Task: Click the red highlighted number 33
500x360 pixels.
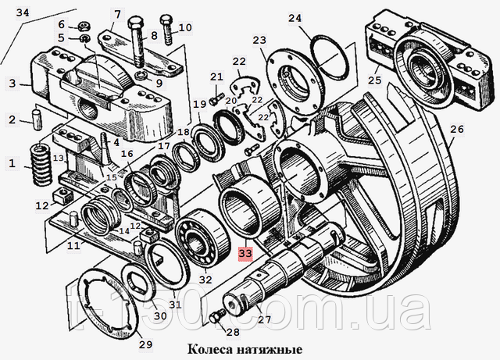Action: coord(245,254)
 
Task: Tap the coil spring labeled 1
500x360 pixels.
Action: coord(36,163)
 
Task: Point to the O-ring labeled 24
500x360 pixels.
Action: coord(329,55)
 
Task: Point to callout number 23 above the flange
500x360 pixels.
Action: coord(259,41)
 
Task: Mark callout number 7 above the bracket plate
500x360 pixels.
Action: coord(118,12)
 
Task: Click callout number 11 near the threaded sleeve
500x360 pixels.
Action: coord(72,246)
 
